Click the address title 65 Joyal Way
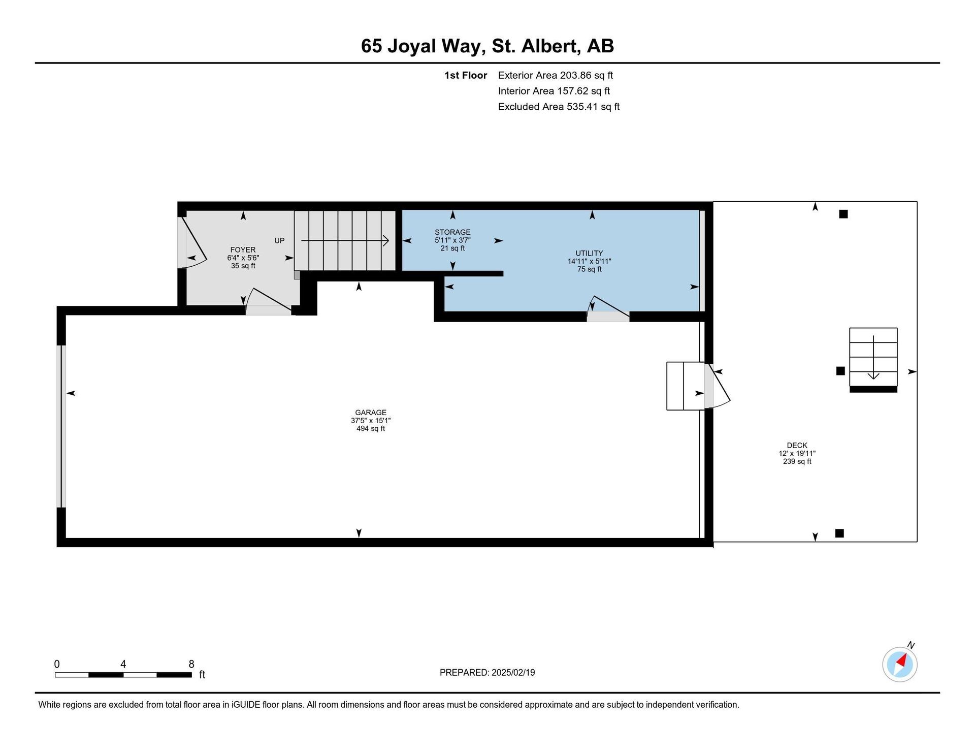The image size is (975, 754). [420, 46]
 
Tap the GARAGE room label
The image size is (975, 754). [371, 413]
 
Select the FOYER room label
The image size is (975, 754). [243, 250]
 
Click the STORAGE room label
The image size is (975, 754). [452, 232]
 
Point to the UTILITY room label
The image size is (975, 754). [589, 253]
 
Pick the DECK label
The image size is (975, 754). [797, 445]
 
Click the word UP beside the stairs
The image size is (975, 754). [279, 240]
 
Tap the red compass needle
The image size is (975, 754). [902, 660]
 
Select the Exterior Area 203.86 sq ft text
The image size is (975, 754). [556, 75]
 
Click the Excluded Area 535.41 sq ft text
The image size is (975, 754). [559, 107]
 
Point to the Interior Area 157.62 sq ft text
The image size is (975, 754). [554, 91]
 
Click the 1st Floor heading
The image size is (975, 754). [466, 75]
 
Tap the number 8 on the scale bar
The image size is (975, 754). [191, 664]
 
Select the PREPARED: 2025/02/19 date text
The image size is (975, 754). [487, 673]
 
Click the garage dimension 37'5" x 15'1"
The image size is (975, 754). [371, 421]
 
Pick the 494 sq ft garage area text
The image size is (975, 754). [371, 428]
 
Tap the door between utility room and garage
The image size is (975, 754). [608, 308]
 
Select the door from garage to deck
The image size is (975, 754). [717, 386]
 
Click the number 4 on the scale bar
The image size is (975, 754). [123, 664]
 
